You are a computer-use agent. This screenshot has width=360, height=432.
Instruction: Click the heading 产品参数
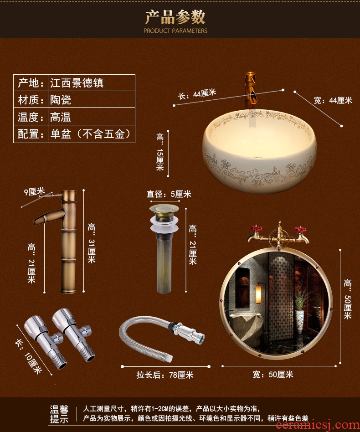(175, 17)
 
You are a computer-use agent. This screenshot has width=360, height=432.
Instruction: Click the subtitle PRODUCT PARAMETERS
(175, 31)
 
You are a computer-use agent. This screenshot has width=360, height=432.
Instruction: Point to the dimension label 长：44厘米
(197, 94)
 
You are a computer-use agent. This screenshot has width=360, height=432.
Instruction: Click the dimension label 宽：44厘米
(333, 100)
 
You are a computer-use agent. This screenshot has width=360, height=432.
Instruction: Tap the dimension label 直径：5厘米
(169, 194)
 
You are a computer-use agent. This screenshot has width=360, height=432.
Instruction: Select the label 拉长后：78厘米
(165, 375)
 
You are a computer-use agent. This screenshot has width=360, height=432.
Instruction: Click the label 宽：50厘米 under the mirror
(273, 375)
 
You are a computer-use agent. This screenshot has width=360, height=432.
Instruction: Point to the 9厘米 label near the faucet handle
(34, 191)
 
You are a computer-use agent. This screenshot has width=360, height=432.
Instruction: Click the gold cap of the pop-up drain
(164, 208)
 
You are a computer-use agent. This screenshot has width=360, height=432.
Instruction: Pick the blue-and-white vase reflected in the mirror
(300, 320)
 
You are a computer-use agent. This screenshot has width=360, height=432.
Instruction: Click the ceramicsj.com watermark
(317, 426)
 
